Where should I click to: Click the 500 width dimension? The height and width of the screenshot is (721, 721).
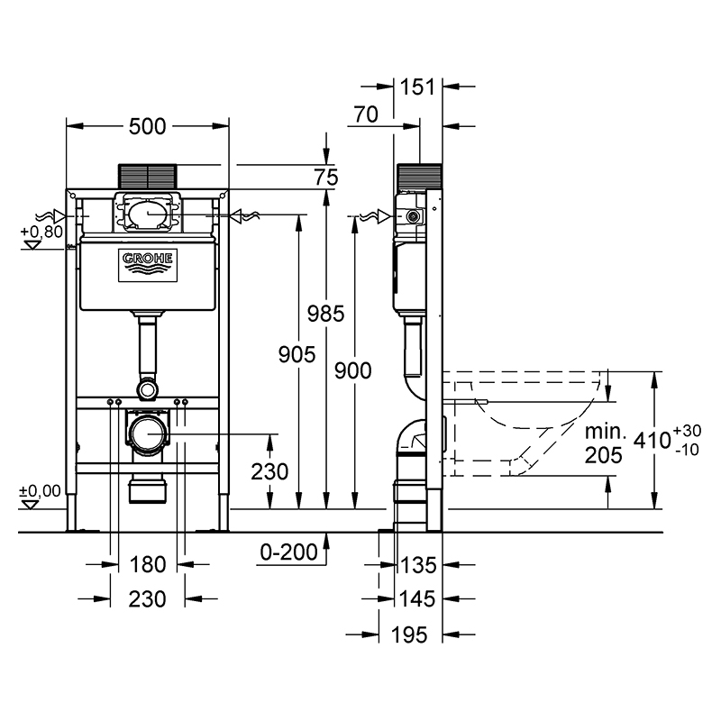point(147,126)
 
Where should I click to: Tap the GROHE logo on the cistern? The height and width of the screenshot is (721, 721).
point(148,265)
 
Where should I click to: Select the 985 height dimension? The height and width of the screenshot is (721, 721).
point(325,314)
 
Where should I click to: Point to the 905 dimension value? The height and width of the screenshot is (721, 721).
point(297,354)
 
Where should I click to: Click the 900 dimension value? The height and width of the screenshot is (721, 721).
point(352,370)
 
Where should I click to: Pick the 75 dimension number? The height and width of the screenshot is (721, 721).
point(326,178)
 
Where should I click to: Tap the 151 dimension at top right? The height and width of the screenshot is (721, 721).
point(417,87)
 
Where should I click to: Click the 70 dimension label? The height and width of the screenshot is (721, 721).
point(366,114)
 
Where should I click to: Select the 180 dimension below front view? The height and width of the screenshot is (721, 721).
point(147,564)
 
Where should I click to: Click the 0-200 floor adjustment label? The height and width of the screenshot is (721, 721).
point(288,552)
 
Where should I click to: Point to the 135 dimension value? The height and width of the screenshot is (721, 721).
point(418,565)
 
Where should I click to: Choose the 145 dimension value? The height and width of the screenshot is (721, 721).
point(417,598)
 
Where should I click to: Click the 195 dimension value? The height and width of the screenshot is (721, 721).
point(409,635)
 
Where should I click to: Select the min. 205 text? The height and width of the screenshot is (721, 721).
point(604,443)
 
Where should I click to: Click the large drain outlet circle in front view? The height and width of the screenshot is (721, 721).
point(148,434)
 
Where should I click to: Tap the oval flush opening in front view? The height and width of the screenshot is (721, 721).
point(148,214)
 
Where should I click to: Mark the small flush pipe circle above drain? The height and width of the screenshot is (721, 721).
point(148,390)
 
